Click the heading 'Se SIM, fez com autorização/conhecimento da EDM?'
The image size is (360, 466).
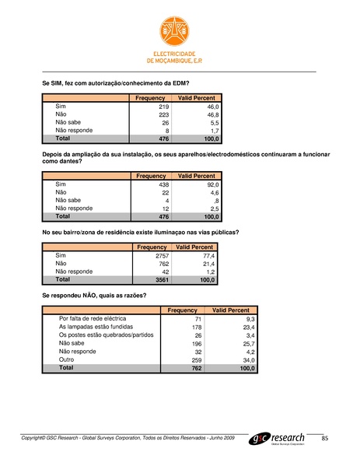point(115,82)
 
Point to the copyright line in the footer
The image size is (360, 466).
point(128,440)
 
